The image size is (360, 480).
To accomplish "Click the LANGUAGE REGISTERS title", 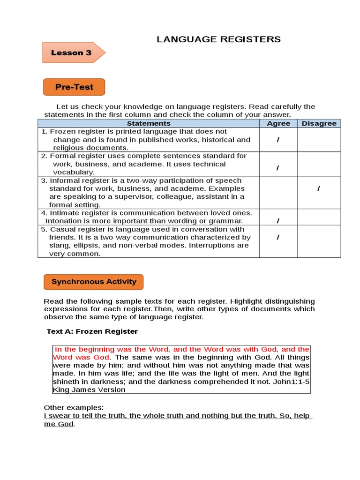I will tap(219, 39).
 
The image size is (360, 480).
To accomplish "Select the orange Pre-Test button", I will tap(74, 87).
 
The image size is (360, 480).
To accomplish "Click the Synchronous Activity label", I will tap(93, 282).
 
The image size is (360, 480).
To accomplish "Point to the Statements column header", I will tap(149, 123).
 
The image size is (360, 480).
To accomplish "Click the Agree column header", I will tap(278, 123).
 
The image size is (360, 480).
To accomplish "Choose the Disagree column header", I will tap(319, 123).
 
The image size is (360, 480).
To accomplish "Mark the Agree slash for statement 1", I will tap(278, 140).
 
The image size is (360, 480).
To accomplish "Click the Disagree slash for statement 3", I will tap(319, 188).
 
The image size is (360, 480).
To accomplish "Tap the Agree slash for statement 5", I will tap(278, 237).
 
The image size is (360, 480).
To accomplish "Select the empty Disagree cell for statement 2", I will tap(319, 164).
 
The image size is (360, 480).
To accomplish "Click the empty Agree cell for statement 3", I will tap(278, 193).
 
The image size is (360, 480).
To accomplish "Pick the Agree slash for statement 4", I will tap(278, 221).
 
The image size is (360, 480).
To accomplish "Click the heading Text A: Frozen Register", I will tap(92, 331).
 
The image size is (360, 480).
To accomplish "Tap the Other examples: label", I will tap(74, 407).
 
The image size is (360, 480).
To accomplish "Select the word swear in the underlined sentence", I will tap(60, 416).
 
